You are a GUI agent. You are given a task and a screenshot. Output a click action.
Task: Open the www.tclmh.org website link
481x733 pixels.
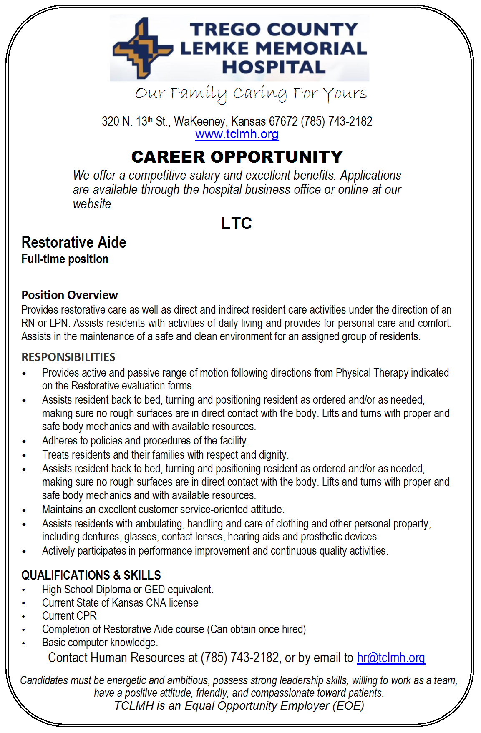tap(237, 134)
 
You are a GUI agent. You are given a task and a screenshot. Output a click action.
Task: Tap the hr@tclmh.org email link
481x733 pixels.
tap(391, 658)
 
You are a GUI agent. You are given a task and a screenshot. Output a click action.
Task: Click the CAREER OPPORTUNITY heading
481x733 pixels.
tap(237, 157)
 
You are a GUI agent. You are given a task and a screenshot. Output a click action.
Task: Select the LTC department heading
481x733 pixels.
tap(237, 223)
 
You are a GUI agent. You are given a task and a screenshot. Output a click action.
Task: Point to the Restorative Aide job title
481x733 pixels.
tap(74, 242)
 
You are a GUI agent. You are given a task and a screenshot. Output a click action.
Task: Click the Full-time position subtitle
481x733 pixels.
tap(65, 259)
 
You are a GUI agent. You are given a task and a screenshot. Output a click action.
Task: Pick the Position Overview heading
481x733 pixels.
tap(70, 295)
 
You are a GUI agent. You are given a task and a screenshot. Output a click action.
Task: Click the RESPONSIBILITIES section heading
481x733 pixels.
tap(68, 357)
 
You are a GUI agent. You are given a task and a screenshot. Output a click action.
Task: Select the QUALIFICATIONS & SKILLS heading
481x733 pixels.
tap(91, 575)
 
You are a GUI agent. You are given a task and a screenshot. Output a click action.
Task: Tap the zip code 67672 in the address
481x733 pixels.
tap(283, 121)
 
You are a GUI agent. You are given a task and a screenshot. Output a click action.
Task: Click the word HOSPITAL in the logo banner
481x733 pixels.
tap(274, 68)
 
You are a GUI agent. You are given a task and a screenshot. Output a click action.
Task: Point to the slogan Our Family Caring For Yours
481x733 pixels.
tap(251, 93)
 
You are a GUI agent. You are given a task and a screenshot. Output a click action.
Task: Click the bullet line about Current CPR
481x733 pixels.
tap(69, 616)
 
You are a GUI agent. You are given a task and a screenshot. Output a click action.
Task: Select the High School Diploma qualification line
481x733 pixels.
tap(128, 590)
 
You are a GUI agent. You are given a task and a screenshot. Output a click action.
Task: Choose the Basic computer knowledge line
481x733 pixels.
tap(100, 643)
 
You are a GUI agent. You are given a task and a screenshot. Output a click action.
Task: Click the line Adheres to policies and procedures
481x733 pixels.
tap(145, 441)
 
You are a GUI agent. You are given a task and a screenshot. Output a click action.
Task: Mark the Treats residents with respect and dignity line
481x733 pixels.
tap(165, 454)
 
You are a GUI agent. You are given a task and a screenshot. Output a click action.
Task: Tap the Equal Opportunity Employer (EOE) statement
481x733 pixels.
tap(239, 706)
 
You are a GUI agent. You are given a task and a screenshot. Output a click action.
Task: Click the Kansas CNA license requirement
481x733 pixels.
tap(120, 603)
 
